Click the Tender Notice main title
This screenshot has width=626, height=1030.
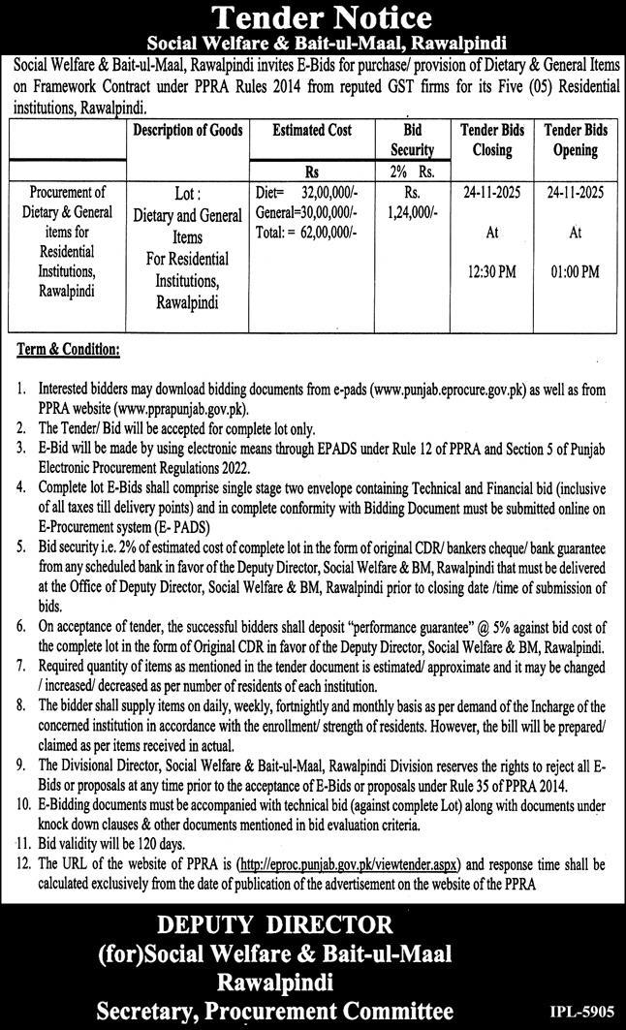pyautogui.click(x=313, y=17)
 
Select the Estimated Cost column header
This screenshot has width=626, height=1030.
pyautogui.click(x=312, y=130)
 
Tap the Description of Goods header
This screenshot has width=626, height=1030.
pyautogui.click(x=188, y=130)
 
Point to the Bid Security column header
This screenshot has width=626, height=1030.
pyautogui.click(x=412, y=140)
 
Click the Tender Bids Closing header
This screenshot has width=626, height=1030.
pyautogui.click(x=492, y=140)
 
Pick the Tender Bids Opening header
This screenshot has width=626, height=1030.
pyautogui.click(x=575, y=140)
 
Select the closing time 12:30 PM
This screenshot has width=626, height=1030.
pyautogui.click(x=492, y=271)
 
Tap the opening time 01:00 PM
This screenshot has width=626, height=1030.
pyautogui.click(x=575, y=271)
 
